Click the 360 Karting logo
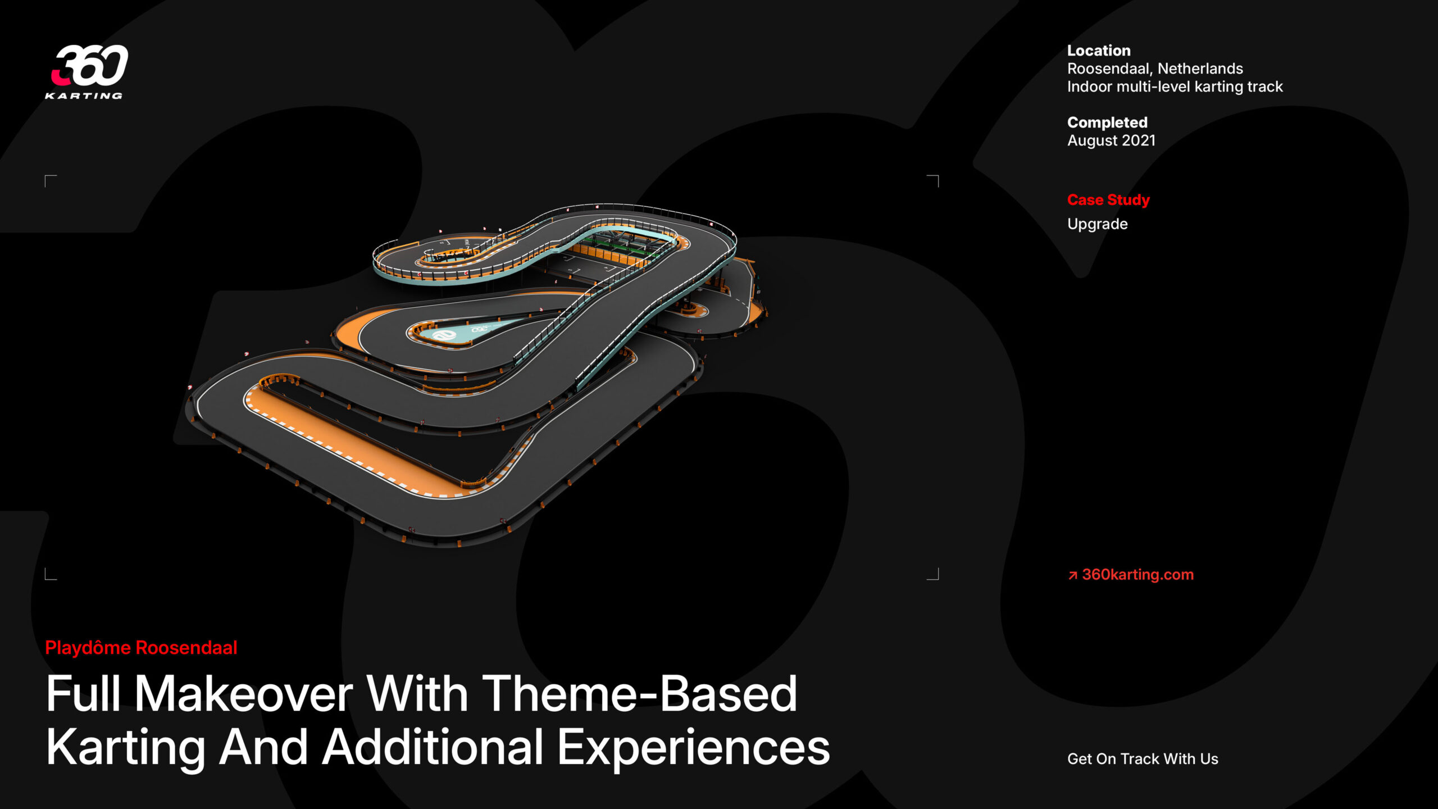87,72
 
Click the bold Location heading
1099,51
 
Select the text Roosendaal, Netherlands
1155,69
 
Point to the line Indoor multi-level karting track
1175,87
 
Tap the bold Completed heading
1107,122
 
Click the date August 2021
1111,140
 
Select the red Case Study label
1108,200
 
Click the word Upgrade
1097,224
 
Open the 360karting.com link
1137,574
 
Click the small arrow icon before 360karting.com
1073,575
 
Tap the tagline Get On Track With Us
1143,759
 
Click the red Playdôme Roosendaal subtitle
141,648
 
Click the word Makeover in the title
244,694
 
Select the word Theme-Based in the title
639,694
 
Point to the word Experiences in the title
693,747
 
